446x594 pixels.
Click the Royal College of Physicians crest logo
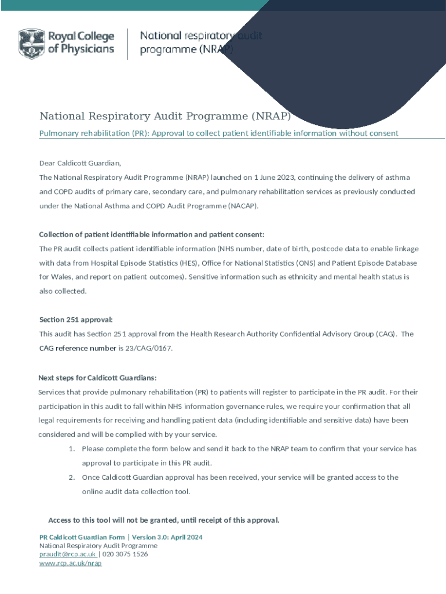31,44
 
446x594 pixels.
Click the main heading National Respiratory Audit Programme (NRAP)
164,116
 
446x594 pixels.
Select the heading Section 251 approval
76,320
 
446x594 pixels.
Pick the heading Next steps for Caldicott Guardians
97,378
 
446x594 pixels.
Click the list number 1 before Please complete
71,449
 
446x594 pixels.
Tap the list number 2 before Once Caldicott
71,477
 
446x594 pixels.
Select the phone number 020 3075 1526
125,554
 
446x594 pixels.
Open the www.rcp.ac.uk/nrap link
70,563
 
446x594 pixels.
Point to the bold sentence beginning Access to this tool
164,520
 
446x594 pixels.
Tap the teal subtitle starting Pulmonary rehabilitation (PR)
218,133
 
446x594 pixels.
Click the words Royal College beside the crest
81,38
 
